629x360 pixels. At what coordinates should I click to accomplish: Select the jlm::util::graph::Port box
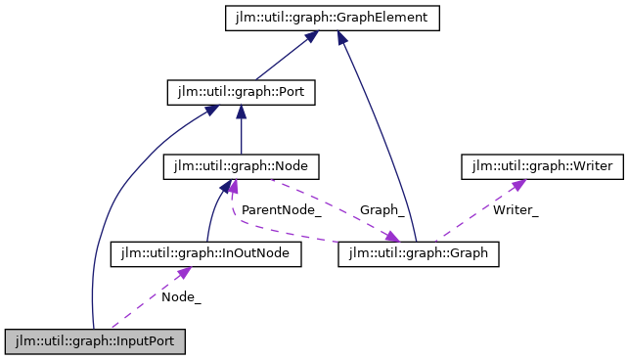(241, 94)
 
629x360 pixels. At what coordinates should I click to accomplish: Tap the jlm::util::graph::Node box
(241, 166)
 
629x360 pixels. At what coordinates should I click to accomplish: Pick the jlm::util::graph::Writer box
(541, 166)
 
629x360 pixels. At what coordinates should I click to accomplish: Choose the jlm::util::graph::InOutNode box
(205, 254)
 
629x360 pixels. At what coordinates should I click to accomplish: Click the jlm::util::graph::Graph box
(419, 254)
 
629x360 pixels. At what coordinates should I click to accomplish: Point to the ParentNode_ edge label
(282, 209)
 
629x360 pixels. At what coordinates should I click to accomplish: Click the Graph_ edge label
(382, 209)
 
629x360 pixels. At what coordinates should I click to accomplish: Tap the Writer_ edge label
(516, 209)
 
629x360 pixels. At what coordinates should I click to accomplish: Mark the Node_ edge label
(181, 297)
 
